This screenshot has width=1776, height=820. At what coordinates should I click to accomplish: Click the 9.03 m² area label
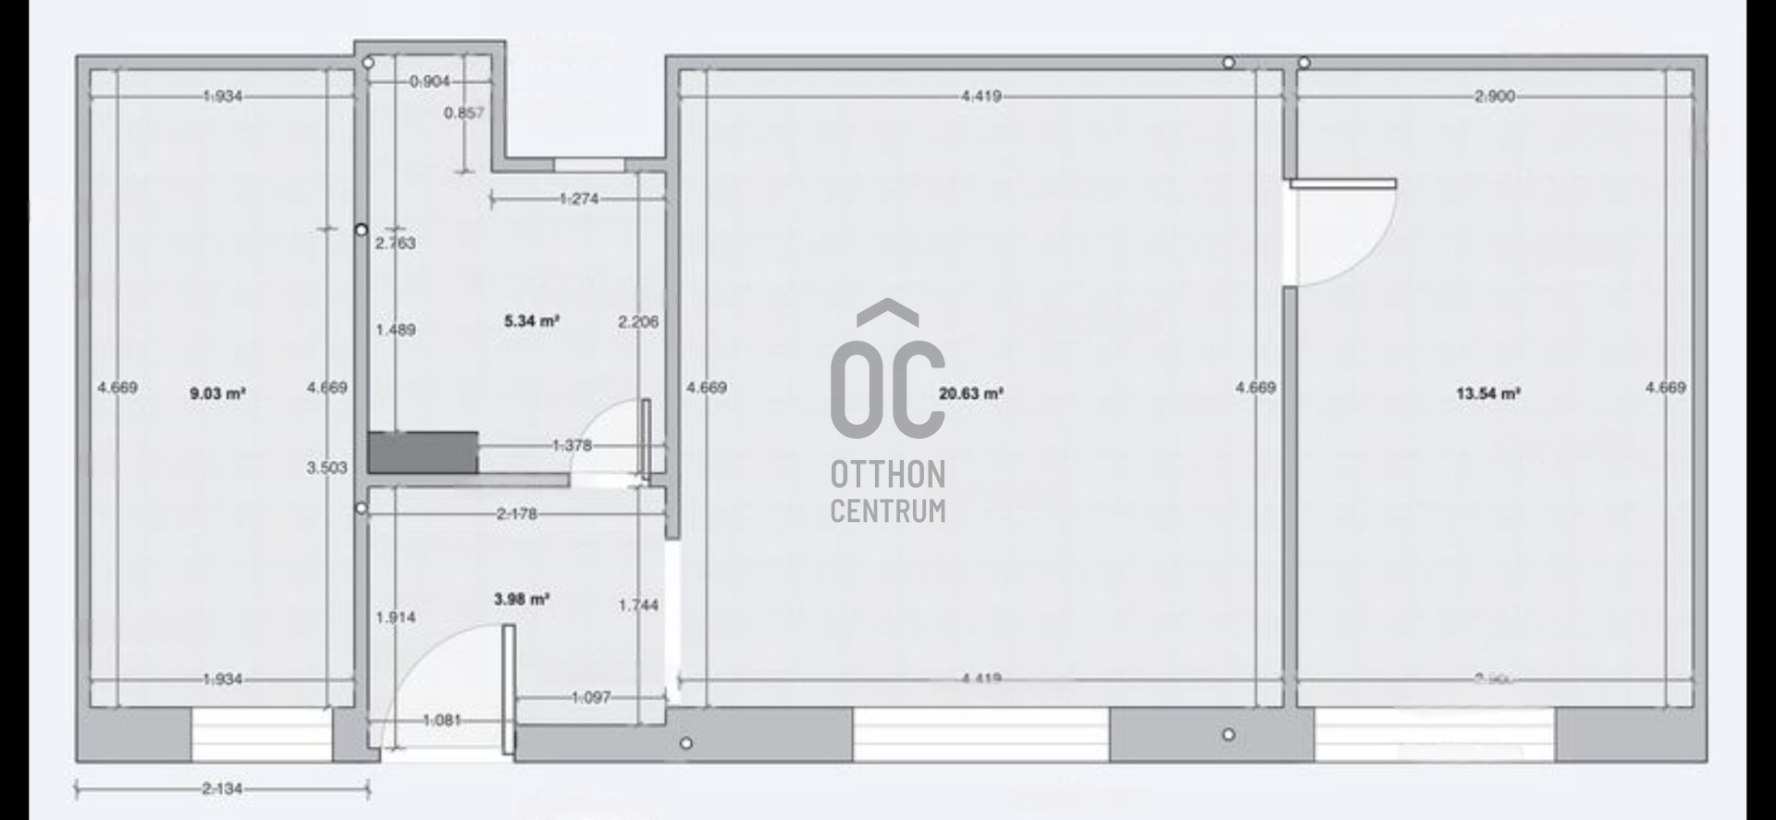(217, 393)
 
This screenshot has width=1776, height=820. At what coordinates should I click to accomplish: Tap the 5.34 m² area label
(532, 321)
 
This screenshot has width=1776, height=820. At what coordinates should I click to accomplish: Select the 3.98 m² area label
(522, 600)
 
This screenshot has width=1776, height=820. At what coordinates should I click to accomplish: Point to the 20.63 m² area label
(971, 393)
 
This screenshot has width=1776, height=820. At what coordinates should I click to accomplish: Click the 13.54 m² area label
(1488, 393)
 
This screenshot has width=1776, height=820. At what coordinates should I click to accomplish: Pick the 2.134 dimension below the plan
(222, 789)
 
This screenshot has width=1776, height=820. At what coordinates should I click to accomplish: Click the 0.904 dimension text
(430, 81)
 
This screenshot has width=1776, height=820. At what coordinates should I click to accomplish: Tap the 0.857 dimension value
(463, 113)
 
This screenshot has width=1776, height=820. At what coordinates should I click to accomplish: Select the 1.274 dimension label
(579, 198)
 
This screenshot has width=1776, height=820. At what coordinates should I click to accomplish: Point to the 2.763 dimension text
(396, 243)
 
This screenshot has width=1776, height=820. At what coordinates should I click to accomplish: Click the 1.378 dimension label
(572, 445)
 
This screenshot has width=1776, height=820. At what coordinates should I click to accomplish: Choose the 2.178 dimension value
(516, 514)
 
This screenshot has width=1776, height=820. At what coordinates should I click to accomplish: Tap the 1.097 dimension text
(591, 697)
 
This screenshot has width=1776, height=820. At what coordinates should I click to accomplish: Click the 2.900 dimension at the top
(1495, 96)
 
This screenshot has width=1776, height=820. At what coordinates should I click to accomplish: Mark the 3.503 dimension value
(327, 467)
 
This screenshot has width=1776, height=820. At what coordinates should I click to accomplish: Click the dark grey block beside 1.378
(423, 452)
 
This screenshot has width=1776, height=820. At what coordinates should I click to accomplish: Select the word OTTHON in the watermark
(888, 475)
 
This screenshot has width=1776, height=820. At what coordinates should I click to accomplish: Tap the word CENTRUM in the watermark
(888, 511)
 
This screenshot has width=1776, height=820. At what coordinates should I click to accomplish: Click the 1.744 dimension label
(639, 605)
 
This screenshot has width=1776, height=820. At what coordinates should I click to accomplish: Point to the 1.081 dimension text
(442, 720)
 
